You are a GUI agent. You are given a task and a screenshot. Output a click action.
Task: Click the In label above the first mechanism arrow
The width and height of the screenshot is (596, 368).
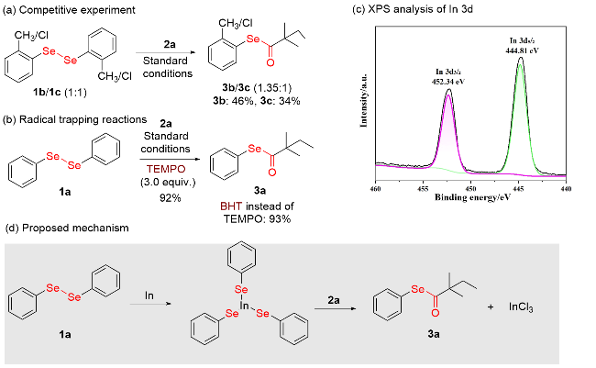pyautogui.click(x=149, y=295)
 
